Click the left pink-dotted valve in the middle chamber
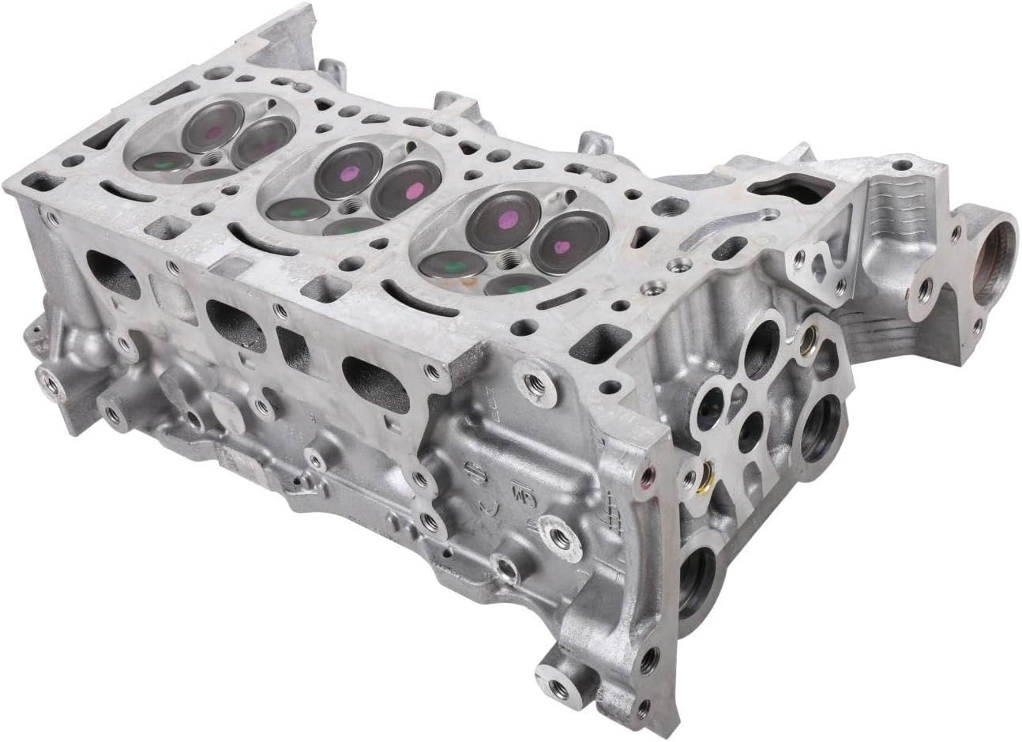pos(345,172)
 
